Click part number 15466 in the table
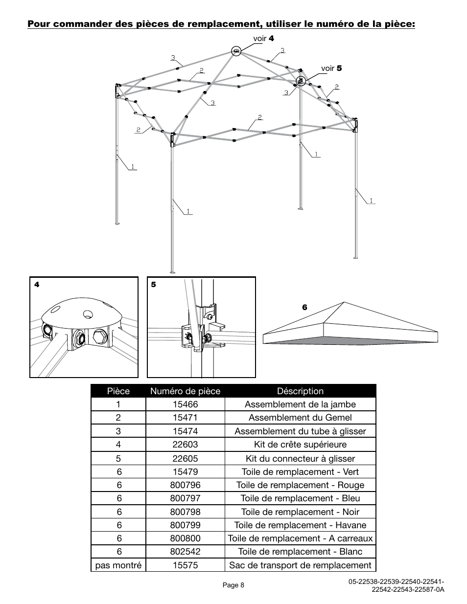pos(185,404)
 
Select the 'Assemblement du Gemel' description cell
pos(300,418)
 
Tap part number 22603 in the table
pos(185,445)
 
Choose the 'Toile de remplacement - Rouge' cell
pos(300,485)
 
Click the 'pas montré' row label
pos(118,565)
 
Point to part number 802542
pos(185,552)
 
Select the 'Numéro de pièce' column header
pos(185,391)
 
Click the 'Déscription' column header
pos(300,391)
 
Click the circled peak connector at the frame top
pos(236,51)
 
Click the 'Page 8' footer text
pos(233,585)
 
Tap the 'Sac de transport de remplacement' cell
pos(300,565)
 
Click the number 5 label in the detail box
pos(153,285)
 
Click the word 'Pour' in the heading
pos(39,23)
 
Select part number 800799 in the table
pos(185,525)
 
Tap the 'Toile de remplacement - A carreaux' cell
pos(300,538)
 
